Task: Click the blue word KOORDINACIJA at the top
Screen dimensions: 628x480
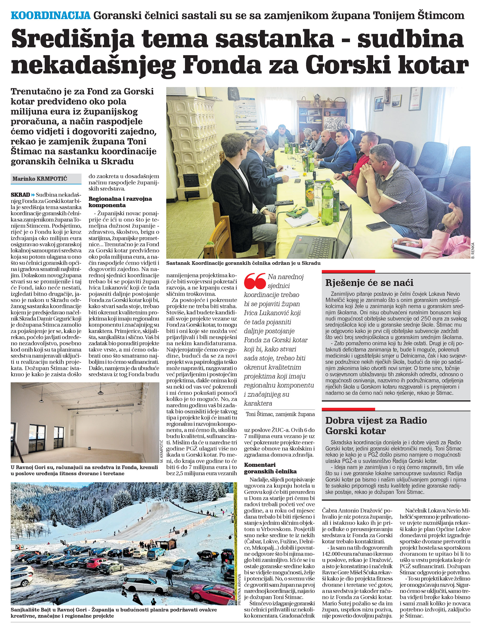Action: (50, 15)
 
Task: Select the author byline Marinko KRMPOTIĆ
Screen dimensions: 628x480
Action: (40, 179)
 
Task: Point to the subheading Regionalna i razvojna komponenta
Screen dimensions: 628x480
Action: (120, 202)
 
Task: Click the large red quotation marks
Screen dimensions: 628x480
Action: (255, 281)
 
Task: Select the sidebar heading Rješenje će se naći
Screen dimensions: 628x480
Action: (369, 283)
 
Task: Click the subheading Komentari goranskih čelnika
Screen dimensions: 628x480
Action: (270, 468)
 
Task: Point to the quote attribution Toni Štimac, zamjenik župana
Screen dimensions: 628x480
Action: (280, 414)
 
